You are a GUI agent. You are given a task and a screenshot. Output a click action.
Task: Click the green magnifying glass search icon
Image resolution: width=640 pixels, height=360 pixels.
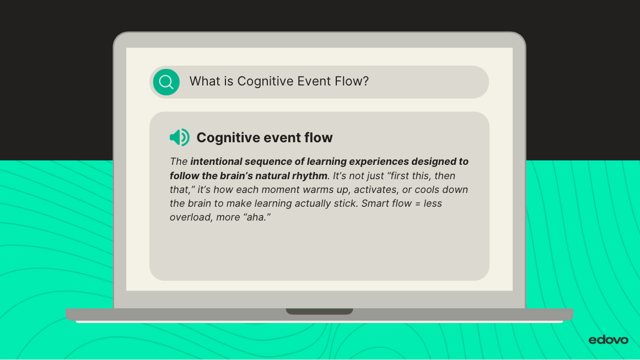[166, 82]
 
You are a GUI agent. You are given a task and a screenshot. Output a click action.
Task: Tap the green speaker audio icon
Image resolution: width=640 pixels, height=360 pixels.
[180, 137]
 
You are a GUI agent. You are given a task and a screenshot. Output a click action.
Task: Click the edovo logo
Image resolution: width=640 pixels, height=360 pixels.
[608, 340]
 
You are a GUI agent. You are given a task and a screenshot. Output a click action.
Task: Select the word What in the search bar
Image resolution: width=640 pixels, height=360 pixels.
[205, 81]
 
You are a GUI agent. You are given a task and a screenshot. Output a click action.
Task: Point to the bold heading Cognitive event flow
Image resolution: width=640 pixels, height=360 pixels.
[265, 138]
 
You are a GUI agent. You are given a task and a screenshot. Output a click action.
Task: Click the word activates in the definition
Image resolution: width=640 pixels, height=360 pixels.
[375, 190]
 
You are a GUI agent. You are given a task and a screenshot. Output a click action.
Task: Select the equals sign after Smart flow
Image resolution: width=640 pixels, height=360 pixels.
[417, 203]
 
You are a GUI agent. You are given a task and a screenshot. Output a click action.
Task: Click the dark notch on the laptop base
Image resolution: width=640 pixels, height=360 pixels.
[319, 311]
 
